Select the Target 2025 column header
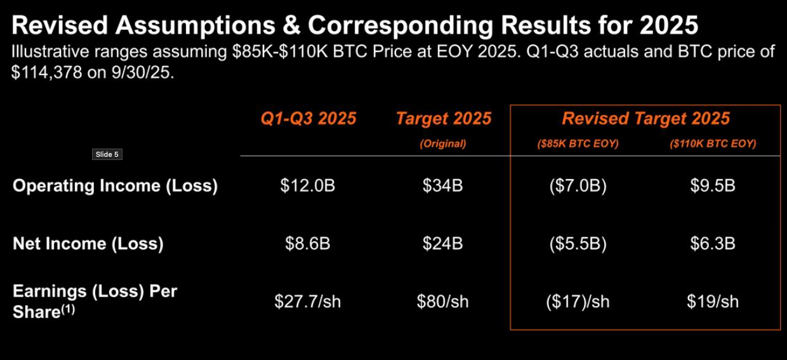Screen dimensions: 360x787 [x=443, y=119]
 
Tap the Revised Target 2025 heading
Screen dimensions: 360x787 [x=645, y=119]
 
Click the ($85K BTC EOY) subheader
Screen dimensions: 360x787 [x=578, y=144]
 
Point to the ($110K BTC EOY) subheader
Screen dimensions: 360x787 [x=713, y=144]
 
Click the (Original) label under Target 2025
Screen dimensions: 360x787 [x=443, y=144]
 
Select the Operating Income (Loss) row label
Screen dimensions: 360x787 [x=115, y=186]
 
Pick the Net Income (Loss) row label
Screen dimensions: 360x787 [x=88, y=244]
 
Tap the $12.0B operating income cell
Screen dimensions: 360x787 [x=307, y=186]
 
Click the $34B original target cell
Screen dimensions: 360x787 [x=443, y=186]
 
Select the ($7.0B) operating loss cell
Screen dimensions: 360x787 [x=578, y=186]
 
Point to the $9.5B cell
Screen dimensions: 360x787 [x=713, y=186]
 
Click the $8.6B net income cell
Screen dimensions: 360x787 [x=307, y=244]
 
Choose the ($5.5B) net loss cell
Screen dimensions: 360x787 [x=578, y=244]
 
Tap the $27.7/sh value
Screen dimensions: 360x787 [x=307, y=301]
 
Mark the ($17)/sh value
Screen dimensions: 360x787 [x=578, y=301]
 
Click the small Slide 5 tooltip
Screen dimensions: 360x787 [x=107, y=154]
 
